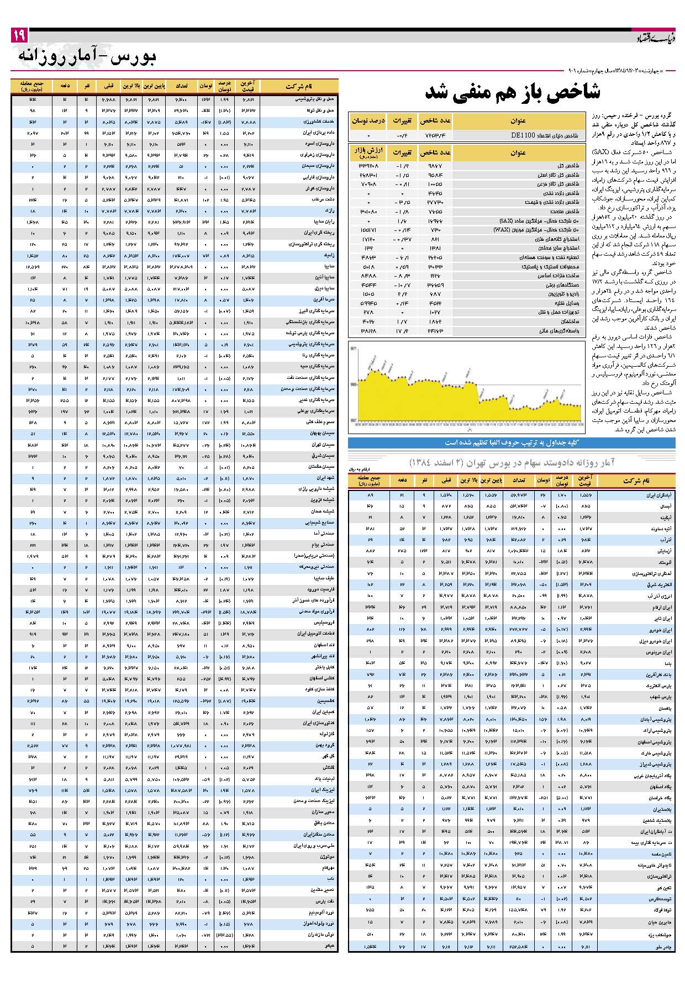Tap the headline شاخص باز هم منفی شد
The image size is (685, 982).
point(512,92)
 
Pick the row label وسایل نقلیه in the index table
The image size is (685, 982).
point(567,303)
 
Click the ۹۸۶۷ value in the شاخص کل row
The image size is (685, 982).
point(436,166)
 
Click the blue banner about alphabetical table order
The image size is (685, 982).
point(511,443)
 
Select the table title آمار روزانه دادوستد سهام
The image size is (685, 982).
point(512,462)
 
